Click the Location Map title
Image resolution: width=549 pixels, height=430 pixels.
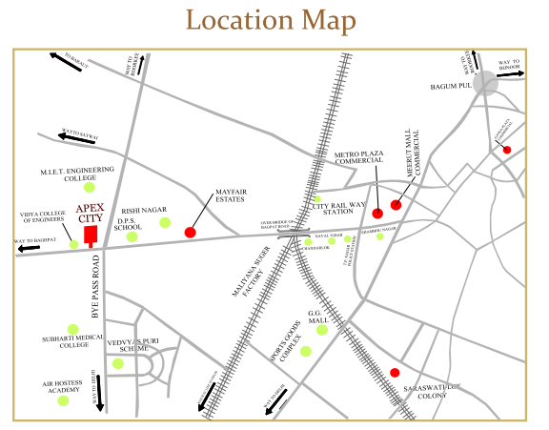tap(271, 20)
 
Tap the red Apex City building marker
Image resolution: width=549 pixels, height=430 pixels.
tap(91, 235)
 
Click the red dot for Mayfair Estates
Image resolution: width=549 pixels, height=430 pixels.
tap(190, 232)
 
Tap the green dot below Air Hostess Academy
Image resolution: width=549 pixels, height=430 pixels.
tap(64, 400)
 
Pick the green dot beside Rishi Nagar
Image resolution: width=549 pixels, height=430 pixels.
tap(165, 222)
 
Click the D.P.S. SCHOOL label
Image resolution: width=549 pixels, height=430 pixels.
tap(129, 225)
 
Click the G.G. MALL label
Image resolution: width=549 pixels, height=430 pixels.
tap(317, 317)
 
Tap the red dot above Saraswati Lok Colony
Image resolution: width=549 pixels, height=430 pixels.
tap(395, 373)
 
